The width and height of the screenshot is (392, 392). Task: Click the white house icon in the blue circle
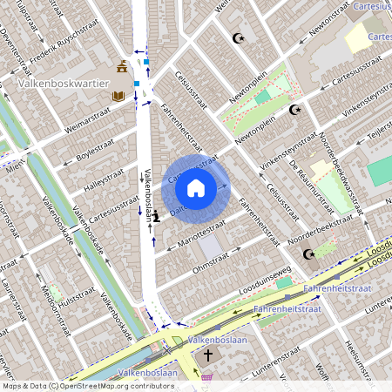coord(196,187)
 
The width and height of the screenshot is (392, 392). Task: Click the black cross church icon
coord(207,355)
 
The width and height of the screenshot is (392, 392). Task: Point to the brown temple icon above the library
coord(122,67)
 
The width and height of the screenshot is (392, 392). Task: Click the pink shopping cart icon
coord(207,377)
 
